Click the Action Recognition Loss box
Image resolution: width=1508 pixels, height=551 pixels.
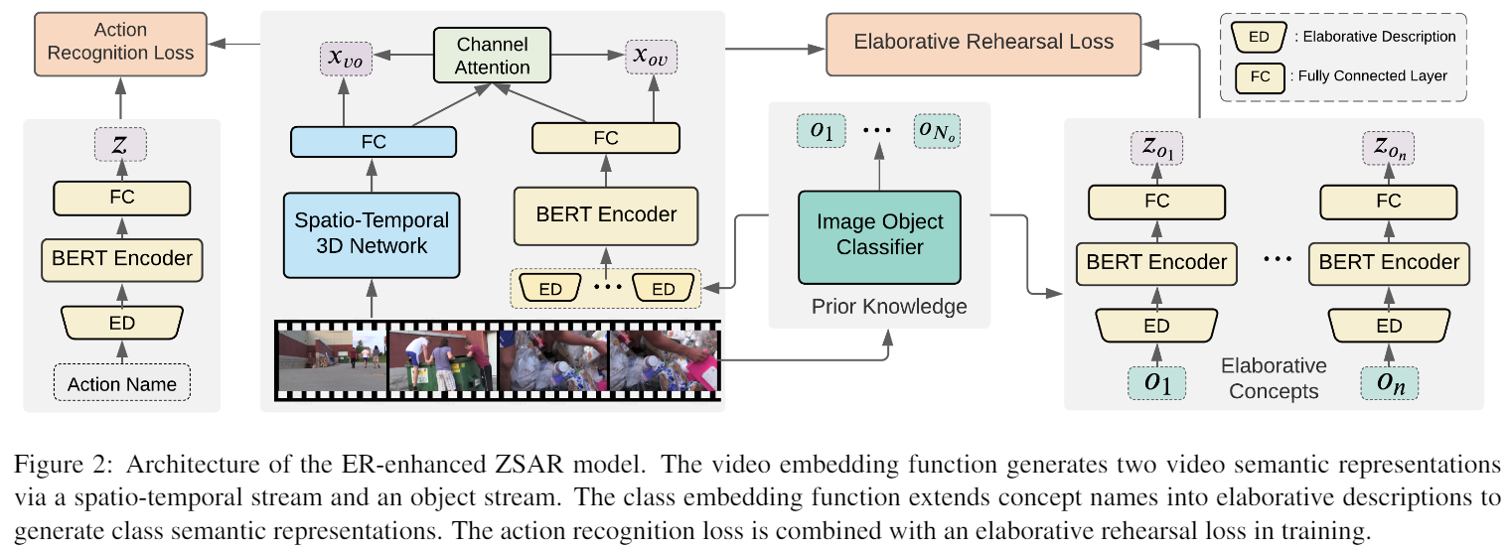[120, 42]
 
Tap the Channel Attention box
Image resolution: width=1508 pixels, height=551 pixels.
[493, 56]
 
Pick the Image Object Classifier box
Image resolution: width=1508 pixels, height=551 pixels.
[880, 234]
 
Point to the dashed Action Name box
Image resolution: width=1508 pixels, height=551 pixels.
[122, 383]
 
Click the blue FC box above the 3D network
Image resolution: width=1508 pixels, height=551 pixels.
[373, 143]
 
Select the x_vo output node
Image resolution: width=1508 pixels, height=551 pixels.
[344, 59]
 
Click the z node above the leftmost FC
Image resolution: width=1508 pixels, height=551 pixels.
[121, 145]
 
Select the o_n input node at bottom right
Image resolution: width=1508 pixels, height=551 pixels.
[1389, 383]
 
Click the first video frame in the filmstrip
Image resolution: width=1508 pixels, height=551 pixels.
[332, 360]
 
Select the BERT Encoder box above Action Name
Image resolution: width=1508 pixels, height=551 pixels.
[122, 258]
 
